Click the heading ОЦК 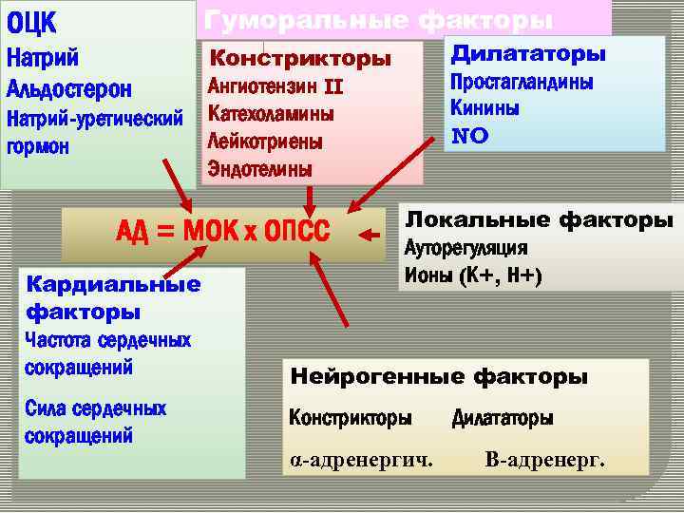32,21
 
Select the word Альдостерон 68,88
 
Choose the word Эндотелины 258,169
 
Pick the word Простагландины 522,83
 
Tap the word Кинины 484,108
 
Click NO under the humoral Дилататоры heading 469,136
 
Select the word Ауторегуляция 466,248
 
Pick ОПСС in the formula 296,232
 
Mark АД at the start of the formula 133,232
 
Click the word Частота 62,340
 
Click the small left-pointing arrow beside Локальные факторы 371,230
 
